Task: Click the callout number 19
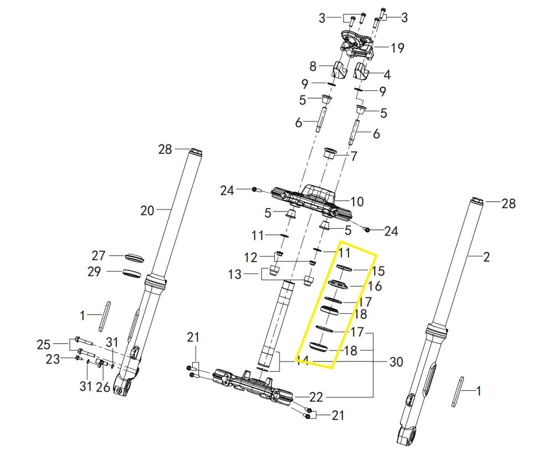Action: click(397, 48)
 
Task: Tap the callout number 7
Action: click(353, 156)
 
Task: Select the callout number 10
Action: click(356, 202)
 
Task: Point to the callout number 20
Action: click(147, 211)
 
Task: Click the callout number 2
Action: click(486, 257)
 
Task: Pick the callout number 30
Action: click(396, 362)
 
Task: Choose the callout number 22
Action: click(316, 397)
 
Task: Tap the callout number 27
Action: click(99, 256)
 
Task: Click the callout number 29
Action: click(94, 271)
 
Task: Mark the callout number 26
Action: click(103, 387)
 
